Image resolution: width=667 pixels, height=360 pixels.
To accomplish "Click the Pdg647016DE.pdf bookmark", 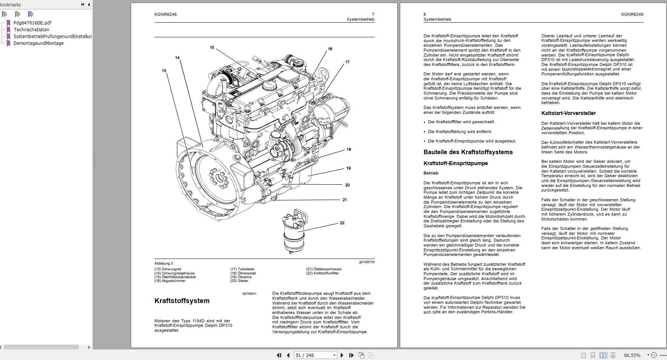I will pyautogui.click(x=32, y=23).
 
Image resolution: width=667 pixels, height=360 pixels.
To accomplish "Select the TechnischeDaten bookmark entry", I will pyautogui.click(x=31, y=29).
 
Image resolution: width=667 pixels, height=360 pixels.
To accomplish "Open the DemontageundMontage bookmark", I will pyautogui.click(x=38, y=43).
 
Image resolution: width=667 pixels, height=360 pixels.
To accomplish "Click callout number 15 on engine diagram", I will pyautogui.click(x=212, y=47).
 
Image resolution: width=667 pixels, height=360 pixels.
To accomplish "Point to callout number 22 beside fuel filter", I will pyautogui.click(x=342, y=223).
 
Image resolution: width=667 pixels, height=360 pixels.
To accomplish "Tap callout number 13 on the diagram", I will pyautogui.click(x=164, y=70).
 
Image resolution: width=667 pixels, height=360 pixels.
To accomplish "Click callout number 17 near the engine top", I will pyautogui.click(x=347, y=62).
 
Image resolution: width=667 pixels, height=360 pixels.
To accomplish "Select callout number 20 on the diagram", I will pyautogui.click(x=347, y=185).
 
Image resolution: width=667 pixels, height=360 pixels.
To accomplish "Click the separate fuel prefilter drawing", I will pyautogui.click(x=295, y=232).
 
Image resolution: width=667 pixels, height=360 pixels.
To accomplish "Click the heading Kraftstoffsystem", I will pyautogui.click(x=182, y=301).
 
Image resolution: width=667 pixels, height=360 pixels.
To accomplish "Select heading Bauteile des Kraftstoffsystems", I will pyautogui.click(x=468, y=152).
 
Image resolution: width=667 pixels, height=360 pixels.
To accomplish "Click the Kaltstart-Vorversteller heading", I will pyautogui.click(x=568, y=113).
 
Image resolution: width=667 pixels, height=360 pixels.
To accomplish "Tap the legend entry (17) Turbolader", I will pyautogui.click(x=242, y=269).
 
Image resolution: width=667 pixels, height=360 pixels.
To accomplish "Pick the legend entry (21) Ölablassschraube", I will pyautogui.click(x=324, y=269).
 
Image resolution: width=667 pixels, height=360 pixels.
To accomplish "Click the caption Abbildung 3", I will pyautogui.click(x=164, y=263).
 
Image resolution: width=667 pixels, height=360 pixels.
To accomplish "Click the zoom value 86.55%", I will pyautogui.click(x=632, y=355).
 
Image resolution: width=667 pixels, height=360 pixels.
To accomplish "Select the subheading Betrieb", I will pyautogui.click(x=431, y=173).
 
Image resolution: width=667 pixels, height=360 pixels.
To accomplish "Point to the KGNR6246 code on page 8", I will pyautogui.click(x=632, y=14).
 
